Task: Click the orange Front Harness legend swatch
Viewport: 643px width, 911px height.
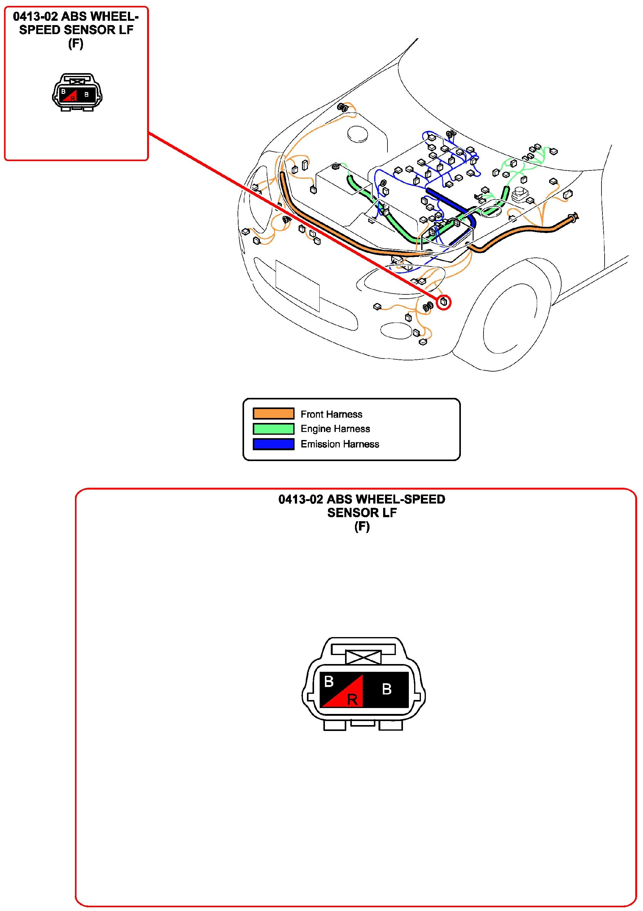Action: (x=273, y=413)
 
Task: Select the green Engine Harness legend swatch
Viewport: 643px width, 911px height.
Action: (x=273, y=429)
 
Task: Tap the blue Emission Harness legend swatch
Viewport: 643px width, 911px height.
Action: (x=273, y=444)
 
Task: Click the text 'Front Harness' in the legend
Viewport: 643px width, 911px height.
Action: (x=331, y=414)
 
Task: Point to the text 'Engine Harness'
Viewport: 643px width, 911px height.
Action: (x=335, y=429)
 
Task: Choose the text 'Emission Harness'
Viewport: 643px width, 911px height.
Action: (x=339, y=444)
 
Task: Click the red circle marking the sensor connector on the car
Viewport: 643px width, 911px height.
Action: (x=444, y=303)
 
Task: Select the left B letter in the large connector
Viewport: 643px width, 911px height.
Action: (x=329, y=682)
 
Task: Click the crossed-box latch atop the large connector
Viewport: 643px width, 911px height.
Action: (x=363, y=657)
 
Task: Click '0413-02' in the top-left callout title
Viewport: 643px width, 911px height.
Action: (x=35, y=17)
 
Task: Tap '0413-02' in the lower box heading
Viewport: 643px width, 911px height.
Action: (x=300, y=499)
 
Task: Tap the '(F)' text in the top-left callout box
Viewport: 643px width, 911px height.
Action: (x=76, y=43)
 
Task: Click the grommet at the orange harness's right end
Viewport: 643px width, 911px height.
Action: (x=574, y=217)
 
